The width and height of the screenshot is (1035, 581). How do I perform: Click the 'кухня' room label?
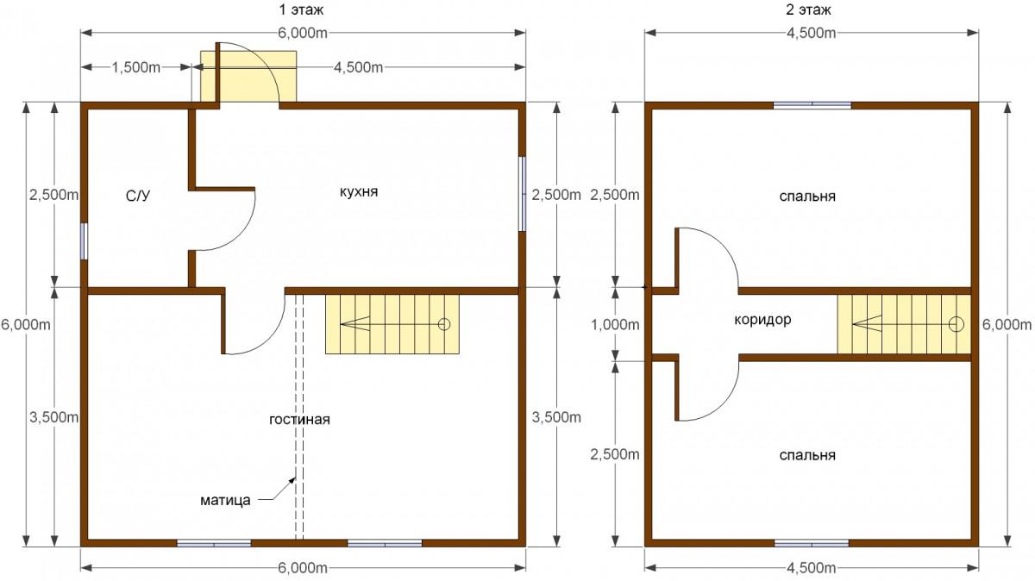(359, 191)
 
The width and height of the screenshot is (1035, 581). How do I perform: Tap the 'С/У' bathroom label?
(138, 197)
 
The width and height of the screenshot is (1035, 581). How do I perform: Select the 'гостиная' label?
(299, 419)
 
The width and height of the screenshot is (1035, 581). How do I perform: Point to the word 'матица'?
(225, 500)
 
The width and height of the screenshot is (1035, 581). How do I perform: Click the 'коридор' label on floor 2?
(762, 320)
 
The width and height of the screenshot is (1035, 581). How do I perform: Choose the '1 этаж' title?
(301, 9)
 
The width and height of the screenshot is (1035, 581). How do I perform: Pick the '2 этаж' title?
(808, 9)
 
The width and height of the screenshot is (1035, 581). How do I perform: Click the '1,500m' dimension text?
(136, 68)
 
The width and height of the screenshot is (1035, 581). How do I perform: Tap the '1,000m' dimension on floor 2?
(616, 325)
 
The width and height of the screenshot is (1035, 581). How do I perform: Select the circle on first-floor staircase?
(444, 324)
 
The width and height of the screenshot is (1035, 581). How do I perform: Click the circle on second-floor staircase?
(956, 324)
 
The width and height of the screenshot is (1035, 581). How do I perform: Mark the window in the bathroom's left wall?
(85, 241)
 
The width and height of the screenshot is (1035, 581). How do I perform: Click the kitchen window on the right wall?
(522, 194)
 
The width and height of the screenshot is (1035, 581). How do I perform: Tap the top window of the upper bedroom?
(812, 105)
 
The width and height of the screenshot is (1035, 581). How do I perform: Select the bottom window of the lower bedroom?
(812, 543)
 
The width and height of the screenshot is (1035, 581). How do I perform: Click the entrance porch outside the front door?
(248, 76)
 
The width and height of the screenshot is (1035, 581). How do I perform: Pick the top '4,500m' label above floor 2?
(812, 34)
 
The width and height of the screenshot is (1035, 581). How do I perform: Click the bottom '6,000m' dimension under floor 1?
(303, 567)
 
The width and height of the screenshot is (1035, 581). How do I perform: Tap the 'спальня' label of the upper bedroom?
(807, 197)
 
